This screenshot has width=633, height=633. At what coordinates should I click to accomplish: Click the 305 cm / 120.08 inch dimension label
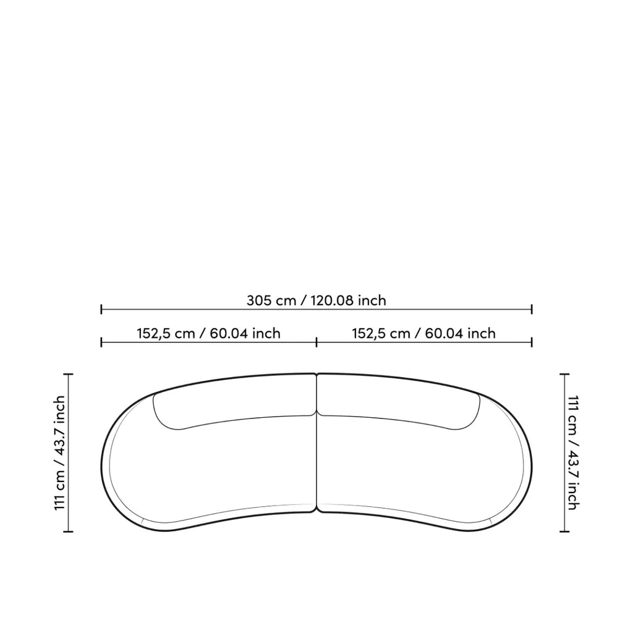(x=316, y=300)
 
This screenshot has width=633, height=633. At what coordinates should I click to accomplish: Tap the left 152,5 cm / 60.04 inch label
(x=208, y=333)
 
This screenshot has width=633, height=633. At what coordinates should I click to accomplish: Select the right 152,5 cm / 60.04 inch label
(x=423, y=333)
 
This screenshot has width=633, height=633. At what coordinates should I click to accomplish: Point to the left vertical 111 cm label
(x=59, y=452)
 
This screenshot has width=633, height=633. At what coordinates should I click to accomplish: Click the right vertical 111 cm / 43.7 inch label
(x=573, y=452)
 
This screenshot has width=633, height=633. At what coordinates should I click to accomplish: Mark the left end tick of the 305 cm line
(x=101, y=310)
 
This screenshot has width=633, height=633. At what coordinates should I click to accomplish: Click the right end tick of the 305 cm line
(x=532, y=310)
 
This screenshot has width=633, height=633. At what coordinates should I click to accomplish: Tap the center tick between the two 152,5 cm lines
(x=316, y=342)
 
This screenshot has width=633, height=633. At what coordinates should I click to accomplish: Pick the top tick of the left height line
(x=68, y=374)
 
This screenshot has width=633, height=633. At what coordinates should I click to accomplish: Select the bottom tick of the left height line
(x=68, y=532)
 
